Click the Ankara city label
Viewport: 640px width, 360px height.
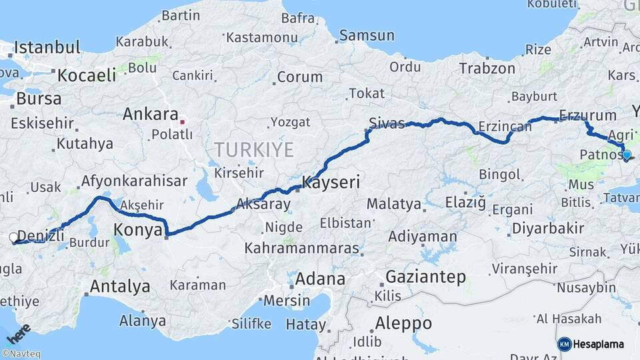coord(151,114)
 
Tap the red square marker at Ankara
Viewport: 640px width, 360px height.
coord(182,123)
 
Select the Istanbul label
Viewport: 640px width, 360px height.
coord(47,47)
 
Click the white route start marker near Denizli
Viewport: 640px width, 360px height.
coord(13,237)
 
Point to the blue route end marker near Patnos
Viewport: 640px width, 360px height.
coord(626,155)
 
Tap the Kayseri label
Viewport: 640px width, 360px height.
coord(331,181)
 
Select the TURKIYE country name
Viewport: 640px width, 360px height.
coord(254,149)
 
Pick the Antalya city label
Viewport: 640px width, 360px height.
coord(120,287)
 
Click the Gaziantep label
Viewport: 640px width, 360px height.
coord(426,277)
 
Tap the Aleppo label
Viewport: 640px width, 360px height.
coord(403,323)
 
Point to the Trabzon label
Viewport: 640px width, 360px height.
coord(487,68)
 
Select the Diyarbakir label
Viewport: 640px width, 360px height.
coord(548,229)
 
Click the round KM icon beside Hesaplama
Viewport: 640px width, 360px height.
coord(565,344)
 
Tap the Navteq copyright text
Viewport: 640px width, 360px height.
coord(21,354)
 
